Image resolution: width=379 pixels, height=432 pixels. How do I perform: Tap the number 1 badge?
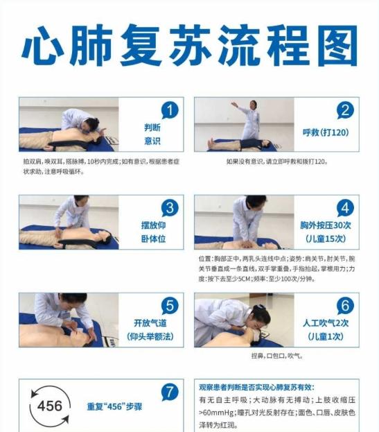click(169, 110)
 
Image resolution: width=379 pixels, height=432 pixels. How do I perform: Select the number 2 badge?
click(345, 110)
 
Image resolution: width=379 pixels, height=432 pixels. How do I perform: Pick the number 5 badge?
click(169, 305)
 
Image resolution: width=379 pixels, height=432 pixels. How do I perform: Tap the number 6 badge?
click(345, 305)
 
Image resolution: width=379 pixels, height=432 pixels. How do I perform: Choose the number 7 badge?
click(169, 392)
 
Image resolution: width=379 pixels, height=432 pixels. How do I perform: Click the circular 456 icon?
click(49, 406)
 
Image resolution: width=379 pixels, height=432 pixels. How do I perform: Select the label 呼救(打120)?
click(323, 132)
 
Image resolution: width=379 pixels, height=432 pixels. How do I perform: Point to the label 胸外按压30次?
click(323, 225)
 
